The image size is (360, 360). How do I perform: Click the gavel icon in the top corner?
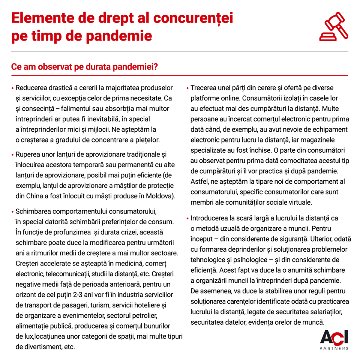(334, 27)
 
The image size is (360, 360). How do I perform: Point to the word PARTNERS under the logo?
(334, 348)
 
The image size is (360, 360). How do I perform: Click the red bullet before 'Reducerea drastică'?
(12, 88)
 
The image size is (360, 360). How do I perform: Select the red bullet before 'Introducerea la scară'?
(187, 218)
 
